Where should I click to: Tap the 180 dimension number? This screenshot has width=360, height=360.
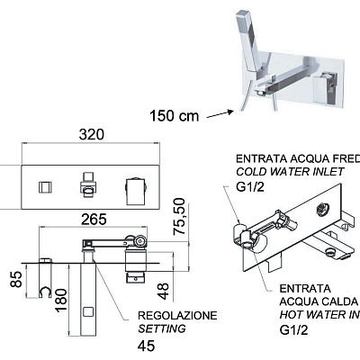[x=59, y=296]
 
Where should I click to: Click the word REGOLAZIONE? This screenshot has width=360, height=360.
[x=177, y=316]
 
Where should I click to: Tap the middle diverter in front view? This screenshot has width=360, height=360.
[x=89, y=185]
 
